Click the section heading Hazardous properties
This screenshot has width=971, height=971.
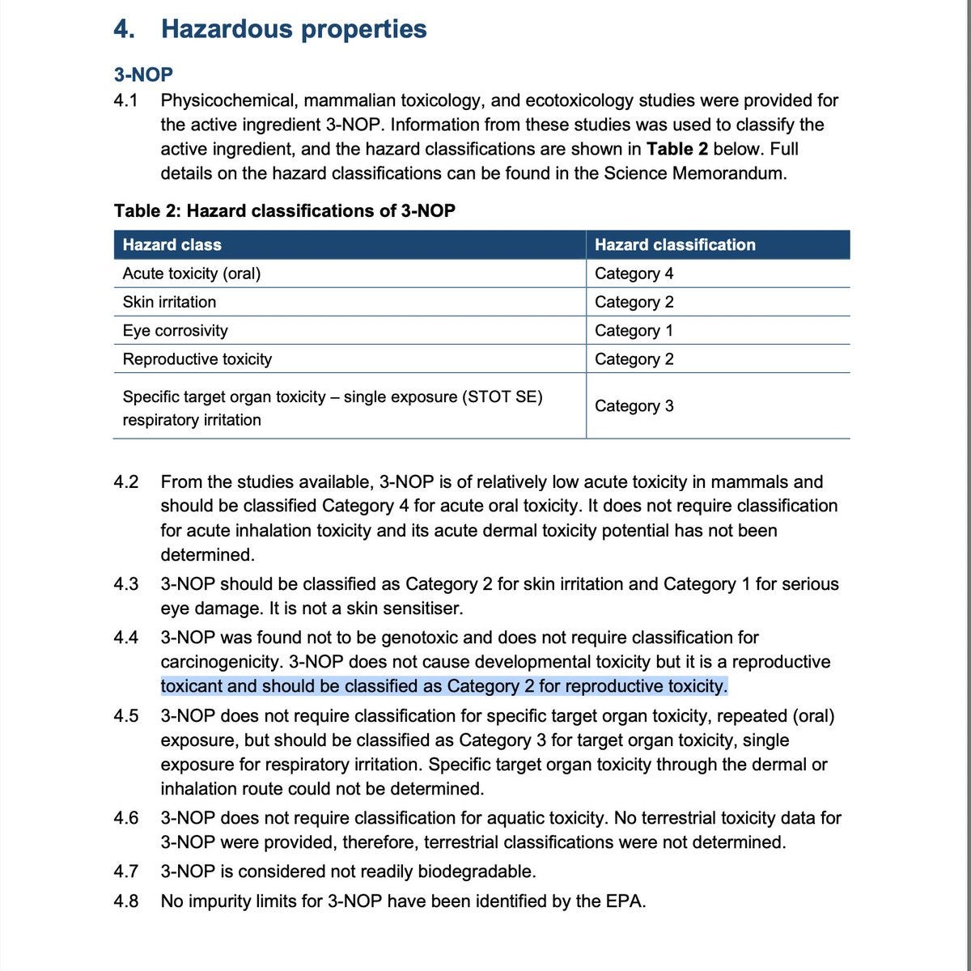(294, 29)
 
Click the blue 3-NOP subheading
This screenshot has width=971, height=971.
(143, 74)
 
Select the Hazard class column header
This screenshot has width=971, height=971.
(172, 244)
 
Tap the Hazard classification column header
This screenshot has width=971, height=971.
(675, 244)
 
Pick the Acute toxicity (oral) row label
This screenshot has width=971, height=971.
(192, 273)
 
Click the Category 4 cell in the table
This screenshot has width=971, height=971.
(634, 273)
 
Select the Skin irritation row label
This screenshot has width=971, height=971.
(169, 302)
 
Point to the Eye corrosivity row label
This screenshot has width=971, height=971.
(175, 330)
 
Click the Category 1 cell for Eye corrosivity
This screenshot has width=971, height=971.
(634, 330)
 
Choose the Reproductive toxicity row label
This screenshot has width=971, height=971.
(197, 358)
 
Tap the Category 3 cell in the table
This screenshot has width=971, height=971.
(634, 405)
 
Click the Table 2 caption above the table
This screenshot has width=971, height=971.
(285, 210)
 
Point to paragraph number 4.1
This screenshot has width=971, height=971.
(126, 100)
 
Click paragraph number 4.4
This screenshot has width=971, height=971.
(126, 638)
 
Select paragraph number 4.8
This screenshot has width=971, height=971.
(126, 901)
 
